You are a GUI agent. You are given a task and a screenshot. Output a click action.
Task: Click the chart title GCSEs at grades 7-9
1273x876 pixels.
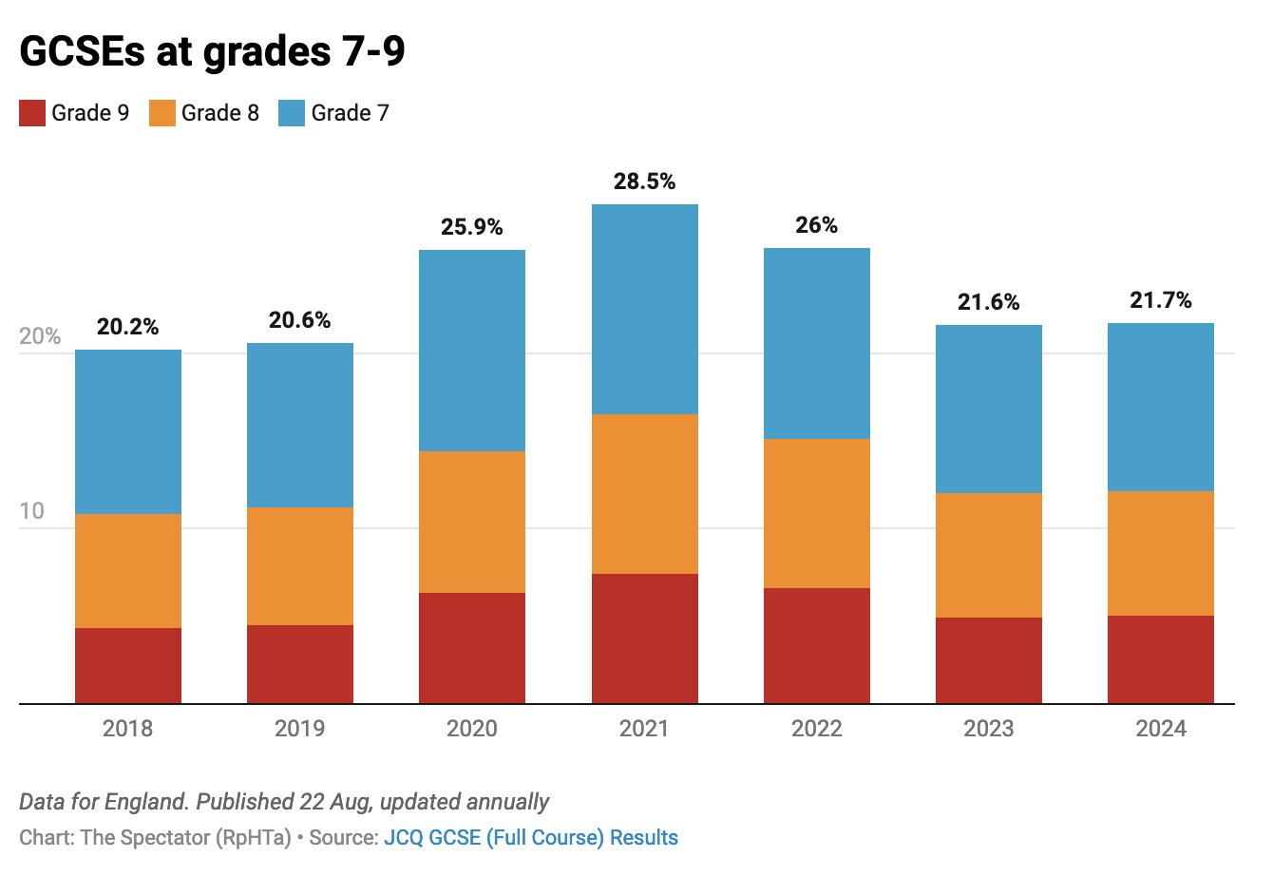pyautogui.click(x=212, y=52)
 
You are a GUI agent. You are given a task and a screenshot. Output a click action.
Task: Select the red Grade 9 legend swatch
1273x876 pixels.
pyautogui.click(x=32, y=113)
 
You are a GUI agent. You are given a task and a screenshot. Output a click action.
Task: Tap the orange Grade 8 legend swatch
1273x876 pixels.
pyautogui.click(x=162, y=113)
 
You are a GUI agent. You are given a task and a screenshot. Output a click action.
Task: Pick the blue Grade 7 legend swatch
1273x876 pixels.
pyautogui.click(x=292, y=113)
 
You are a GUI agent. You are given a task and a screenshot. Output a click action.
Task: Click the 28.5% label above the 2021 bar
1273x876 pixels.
pyautogui.click(x=644, y=181)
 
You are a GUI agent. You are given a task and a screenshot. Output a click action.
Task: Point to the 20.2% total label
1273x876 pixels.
pyautogui.click(x=127, y=328)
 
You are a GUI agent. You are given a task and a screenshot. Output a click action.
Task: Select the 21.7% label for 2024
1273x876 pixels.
pyautogui.click(x=1160, y=301)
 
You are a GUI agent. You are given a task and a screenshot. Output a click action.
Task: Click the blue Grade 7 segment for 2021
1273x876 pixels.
pyautogui.click(x=644, y=309)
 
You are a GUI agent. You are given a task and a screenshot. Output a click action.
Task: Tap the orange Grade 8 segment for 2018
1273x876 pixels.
pyautogui.click(x=127, y=571)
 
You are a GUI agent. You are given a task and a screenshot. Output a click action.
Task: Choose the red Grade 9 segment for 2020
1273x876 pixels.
pyautogui.click(x=472, y=648)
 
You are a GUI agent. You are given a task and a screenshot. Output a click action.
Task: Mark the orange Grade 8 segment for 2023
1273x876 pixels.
pyautogui.click(x=988, y=555)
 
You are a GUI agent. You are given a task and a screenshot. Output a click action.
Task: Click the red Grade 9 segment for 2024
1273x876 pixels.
pyautogui.click(x=1160, y=659)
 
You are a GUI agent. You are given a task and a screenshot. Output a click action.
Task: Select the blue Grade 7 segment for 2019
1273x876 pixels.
pyautogui.click(x=299, y=425)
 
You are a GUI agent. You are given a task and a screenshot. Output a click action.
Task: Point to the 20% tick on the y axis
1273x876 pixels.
pyautogui.click(x=40, y=337)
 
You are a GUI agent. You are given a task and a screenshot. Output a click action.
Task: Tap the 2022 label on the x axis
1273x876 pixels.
pyautogui.click(x=816, y=729)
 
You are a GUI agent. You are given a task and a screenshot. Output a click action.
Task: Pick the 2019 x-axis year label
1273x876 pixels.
pyautogui.click(x=299, y=729)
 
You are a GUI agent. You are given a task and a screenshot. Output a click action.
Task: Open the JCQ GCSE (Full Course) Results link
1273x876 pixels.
pyautogui.click(x=530, y=838)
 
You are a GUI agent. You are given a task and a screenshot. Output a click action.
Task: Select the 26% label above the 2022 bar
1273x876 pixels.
pyautogui.click(x=816, y=226)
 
